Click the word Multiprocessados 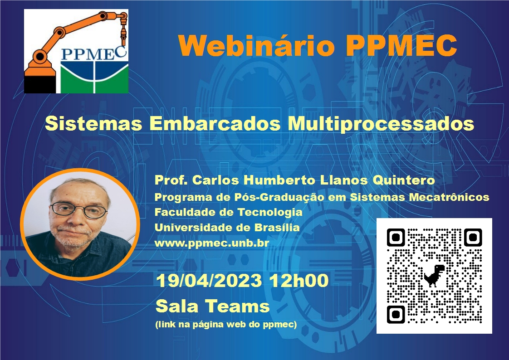point(381,124)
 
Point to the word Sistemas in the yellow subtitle point(93,123)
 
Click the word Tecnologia point(270,213)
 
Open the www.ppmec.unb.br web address point(212,243)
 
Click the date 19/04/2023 point(209,281)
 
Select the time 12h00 point(299,281)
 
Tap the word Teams point(237,306)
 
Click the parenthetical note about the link point(226,324)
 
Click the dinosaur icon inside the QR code point(434,275)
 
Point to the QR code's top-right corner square point(473,238)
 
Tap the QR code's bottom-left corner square point(396,314)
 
